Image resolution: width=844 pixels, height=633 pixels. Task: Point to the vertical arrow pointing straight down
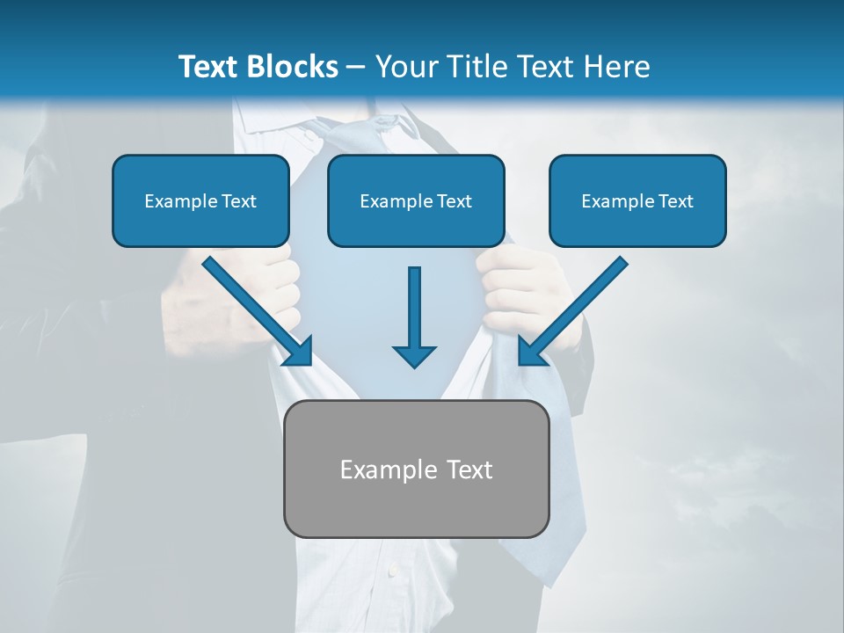pyautogui.click(x=414, y=308)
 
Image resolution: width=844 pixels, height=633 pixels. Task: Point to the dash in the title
pyautogui.click(x=356, y=67)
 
